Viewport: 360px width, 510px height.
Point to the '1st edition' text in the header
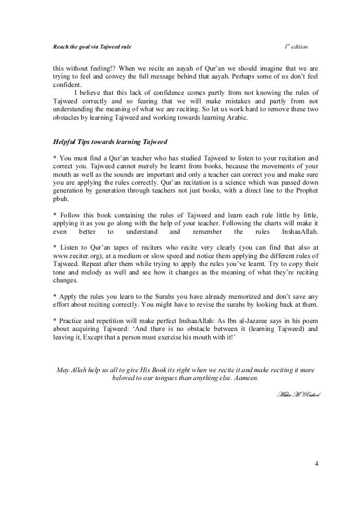(x=297, y=43)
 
